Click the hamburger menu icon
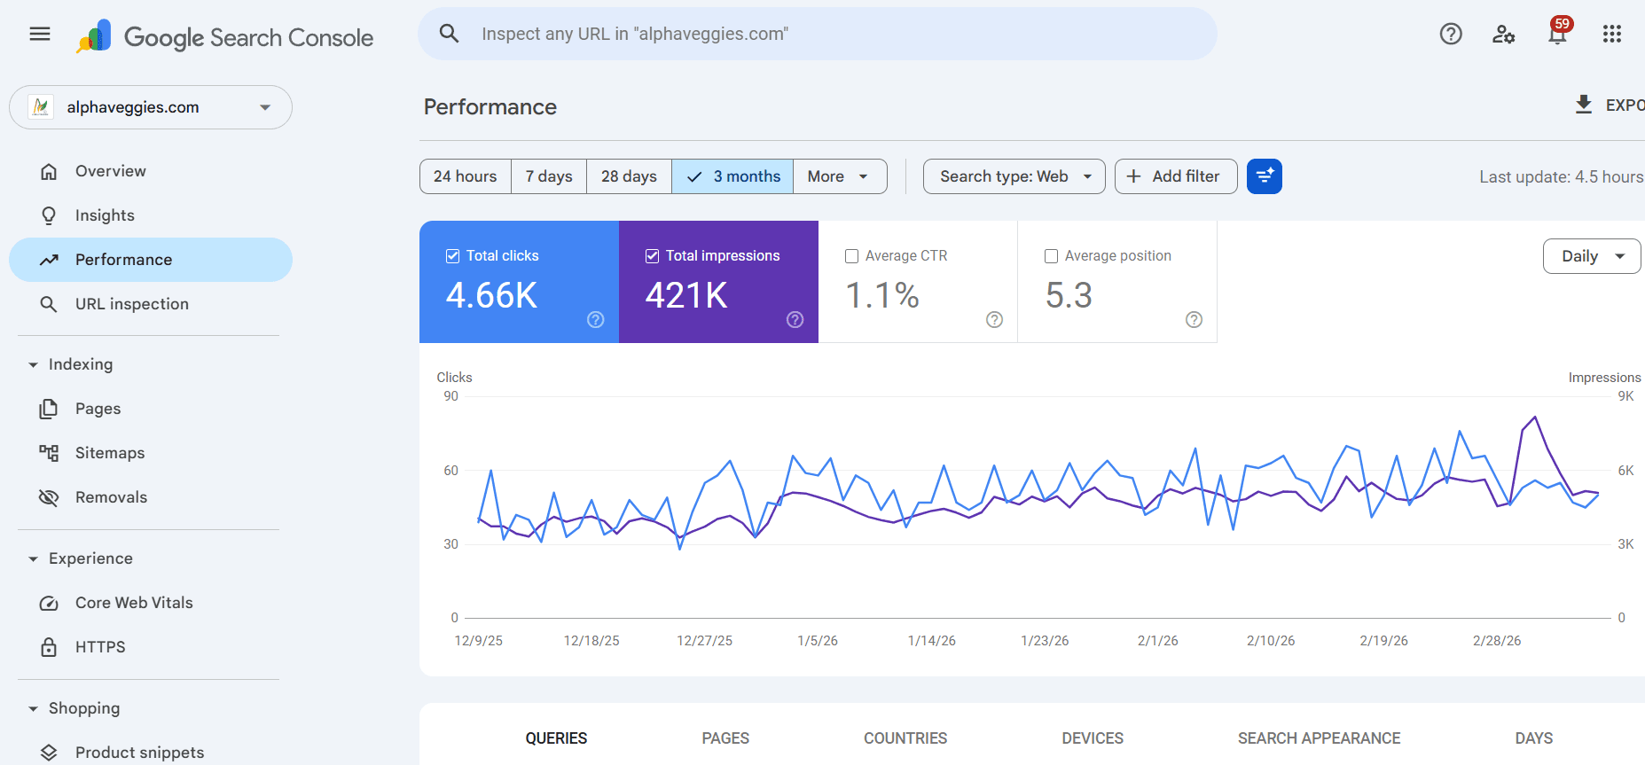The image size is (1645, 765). (x=40, y=34)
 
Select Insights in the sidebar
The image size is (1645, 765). (x=105, y=215)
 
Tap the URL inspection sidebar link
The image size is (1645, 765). (x=131, y=304)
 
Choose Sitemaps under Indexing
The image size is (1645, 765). (x=109, y=453)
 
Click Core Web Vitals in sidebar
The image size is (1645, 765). (x=133, y=603)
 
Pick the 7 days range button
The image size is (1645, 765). (x=548, y=176)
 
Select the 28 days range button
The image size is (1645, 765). (x=629, y=176)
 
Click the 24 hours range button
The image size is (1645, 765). (x=465, y=176)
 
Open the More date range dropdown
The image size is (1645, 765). (x=838, y=176)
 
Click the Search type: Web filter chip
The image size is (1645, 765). (x=1014, y=176)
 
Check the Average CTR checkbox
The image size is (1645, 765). (x=852, y=256)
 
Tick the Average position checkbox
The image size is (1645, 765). (x=1052, y=256)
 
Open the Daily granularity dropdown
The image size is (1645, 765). (x=1592, y=256)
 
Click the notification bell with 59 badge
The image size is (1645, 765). (x=1557, y=34)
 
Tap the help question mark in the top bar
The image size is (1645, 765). (x=1451, y=34)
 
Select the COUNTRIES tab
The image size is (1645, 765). (x=905, y=738)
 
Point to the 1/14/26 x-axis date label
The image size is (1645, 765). (x=931, y=641)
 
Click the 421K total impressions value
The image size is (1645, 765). (x=686, y=295)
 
